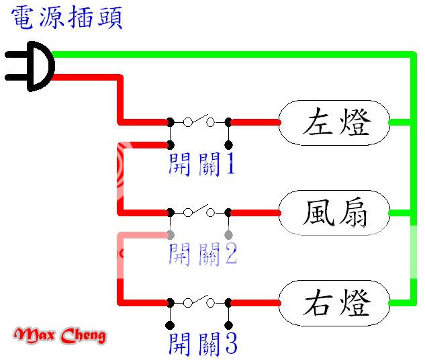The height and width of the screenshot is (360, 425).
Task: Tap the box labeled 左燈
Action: click(x=334, y=122)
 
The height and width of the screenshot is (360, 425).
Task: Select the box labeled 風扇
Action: click(x=334, y=212)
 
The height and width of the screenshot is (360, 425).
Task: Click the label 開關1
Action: click(x=201, y=163)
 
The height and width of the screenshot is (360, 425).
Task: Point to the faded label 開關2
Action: click(x=201, y=254)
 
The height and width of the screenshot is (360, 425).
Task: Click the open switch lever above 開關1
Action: click(x=199, y=120)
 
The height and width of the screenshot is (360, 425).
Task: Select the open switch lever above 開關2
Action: click(x=199, y=210)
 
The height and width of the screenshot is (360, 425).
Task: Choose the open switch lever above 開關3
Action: click(x=199, y=300)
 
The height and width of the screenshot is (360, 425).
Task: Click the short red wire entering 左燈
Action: click(x=255, y=122)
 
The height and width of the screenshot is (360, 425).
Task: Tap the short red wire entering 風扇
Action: click(x=255, y=212)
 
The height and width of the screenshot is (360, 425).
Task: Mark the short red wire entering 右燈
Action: click(x=255, y=303)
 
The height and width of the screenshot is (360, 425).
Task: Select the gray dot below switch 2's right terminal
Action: click(x=228, y=235)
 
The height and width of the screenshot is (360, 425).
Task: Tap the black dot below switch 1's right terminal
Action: click(x=228, y=145)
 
